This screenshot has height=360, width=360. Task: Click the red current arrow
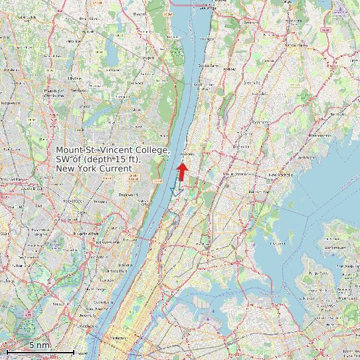[182, 171]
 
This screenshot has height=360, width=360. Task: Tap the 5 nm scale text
[39, 345]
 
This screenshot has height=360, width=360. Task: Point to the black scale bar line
[40, 351]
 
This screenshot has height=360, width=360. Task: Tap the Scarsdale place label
[251, 82]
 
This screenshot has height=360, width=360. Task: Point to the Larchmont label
[306, 157]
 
